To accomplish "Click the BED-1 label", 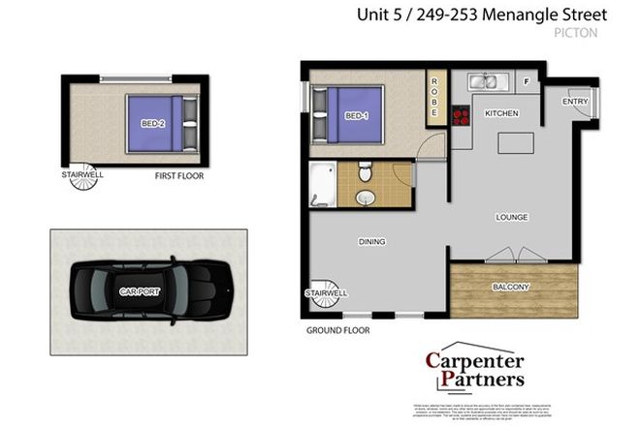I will tap(357, 116).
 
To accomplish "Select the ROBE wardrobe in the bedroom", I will tap(434, 98).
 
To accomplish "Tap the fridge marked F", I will tap(527, 82).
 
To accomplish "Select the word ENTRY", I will tap(575, 101).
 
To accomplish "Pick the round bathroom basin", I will tap(367, 198).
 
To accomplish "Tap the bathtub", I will tap(322, 187).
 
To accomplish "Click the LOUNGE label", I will tap(511, 217).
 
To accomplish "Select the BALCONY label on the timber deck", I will tap(511, 287).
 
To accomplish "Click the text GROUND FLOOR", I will tap(337, 330).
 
